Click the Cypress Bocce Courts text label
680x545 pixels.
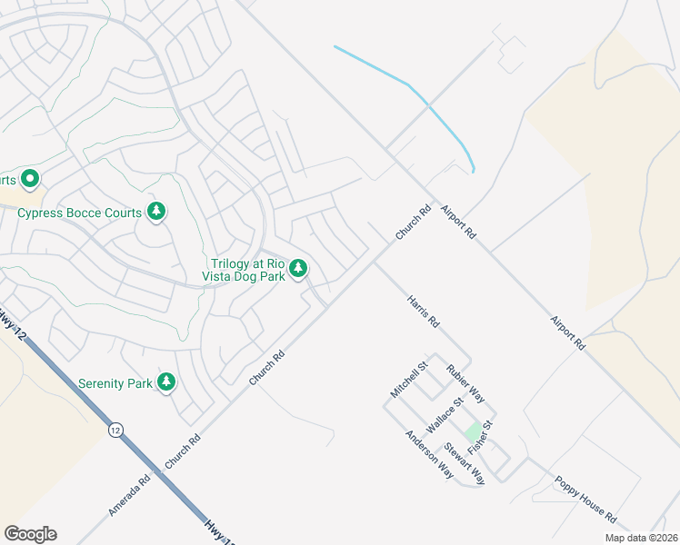tap(80, 213)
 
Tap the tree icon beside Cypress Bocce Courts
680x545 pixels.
tap(156, 212)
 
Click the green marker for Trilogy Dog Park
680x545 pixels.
tap(298, 269)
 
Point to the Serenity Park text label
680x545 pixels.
tap(115, 383)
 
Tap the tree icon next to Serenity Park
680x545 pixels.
tap(165, 382)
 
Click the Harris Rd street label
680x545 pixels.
tap(424, 311)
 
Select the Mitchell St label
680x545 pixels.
tap(408, 380)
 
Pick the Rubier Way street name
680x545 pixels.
tap(465, 383)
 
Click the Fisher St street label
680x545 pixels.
tap(479, 438)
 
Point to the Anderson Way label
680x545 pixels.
tap(429, 454)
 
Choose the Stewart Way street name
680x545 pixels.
tap(465, 463)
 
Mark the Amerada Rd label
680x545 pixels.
tap(128, 495)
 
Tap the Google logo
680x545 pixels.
tap(30, 533)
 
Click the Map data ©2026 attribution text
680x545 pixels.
tap(641, 538)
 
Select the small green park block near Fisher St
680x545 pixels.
tap(473, 431)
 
